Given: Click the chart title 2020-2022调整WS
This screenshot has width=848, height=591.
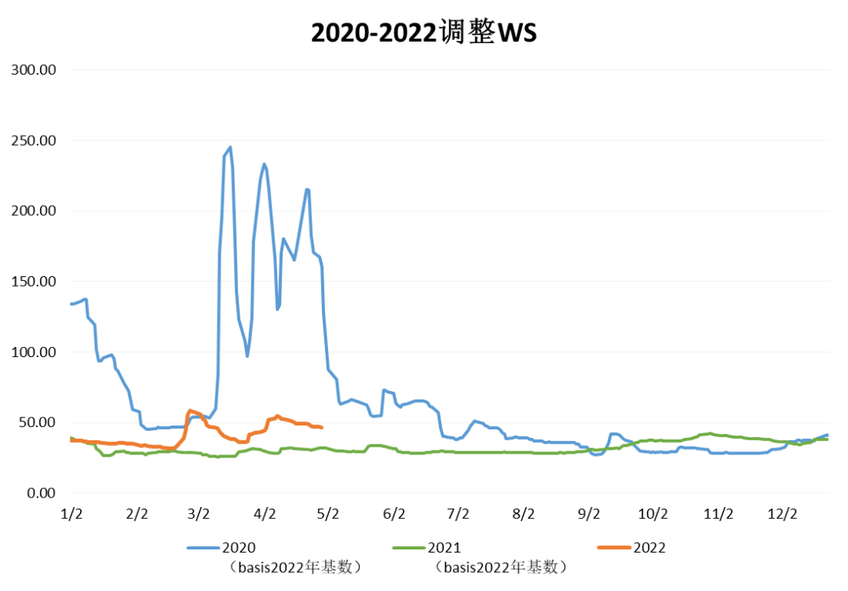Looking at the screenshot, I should (424, 33).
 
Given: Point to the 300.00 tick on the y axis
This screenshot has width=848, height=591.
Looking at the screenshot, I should (34, 70).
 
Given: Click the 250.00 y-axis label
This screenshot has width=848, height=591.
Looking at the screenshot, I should (34, 140).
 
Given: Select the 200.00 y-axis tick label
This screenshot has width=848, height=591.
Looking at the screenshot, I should (34, 211).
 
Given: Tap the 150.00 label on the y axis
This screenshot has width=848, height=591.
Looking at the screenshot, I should (34, 282).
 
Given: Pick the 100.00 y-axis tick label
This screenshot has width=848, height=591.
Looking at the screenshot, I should (34, 352).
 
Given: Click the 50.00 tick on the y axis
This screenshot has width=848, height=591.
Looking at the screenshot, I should (37, 422).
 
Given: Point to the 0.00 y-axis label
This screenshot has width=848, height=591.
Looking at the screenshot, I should (40, 493).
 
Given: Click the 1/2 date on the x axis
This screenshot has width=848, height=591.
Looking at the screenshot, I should (71, 514).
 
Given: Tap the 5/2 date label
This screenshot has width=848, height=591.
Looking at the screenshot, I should (328, 514).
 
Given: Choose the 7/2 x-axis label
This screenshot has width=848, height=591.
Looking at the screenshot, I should (458, 514).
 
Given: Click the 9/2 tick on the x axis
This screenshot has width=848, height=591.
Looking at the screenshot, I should (588, 514).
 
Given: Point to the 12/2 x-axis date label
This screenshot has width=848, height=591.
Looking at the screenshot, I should (782, 514).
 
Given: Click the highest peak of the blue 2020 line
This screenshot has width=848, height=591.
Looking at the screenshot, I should (230, 147).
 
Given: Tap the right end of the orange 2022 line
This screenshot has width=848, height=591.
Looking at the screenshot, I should (322, 427).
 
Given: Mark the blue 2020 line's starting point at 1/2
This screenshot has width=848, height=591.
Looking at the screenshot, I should (71, 304).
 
